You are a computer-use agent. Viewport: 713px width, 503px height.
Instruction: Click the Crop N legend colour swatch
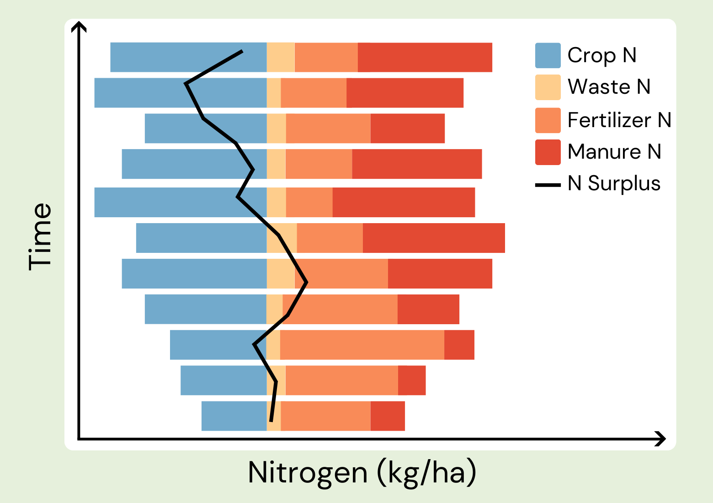[x=548, y=55]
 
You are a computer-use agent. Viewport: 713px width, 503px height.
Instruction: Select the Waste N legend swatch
[x=548, y=87]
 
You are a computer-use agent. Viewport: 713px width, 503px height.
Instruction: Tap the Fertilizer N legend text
[x=619, y=120]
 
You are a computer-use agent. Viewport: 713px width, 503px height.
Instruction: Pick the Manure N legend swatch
[x=548, y=152]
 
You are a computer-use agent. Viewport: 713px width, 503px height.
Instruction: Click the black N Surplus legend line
[x=548, y=185]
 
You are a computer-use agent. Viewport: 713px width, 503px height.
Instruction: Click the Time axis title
[x=40, y=236]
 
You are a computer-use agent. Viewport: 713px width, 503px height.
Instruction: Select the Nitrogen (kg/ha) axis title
[x=362, y=472]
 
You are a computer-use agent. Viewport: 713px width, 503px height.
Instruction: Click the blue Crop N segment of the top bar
[x=188, y=57]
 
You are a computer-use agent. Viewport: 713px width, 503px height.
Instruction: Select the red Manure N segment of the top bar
[x=425, y=57]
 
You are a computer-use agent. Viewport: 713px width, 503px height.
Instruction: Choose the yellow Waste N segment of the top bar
[x=281, y=57]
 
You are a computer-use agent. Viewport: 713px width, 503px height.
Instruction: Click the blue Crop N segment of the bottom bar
[x=234, y=416]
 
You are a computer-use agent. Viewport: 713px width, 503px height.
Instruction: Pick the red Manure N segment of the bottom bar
[x=388, y=416]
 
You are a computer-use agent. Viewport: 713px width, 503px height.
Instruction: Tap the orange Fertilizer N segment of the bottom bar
[x=325, y=416]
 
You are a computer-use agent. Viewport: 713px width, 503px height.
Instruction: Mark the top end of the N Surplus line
[x=242, y=51]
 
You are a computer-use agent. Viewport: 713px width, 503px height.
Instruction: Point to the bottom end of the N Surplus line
[x=271, y=421]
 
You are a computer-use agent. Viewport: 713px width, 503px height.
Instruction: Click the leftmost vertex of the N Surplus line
[x=186, y=84]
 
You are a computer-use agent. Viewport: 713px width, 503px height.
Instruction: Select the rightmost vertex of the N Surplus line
[x=307, y=283]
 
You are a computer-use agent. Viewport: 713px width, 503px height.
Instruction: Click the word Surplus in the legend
[x=624, y=183]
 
